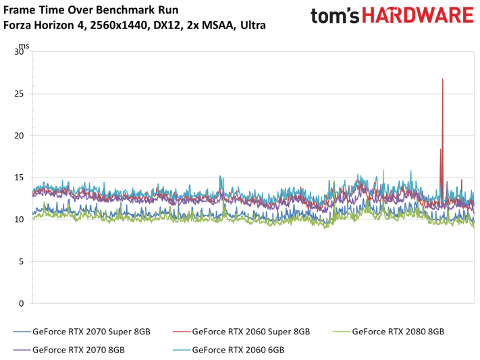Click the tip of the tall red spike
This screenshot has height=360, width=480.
pyautogui.click(x=443, y=79)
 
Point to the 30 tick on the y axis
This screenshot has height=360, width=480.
pyautogui.click(x=20, y=52)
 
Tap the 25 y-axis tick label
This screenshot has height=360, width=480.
pyautogui.click(x=20, y=94)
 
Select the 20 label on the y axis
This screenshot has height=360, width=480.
pyautogui.click(x=20, y=136)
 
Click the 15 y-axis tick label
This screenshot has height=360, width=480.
pyautogui.click(x=20, y=178)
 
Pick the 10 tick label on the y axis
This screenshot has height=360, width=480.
pyautogui.click(x=20, y=220)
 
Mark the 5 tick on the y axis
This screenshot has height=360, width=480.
pyautogui.click(x=23, y=261)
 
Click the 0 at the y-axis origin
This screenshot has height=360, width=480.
pyautogui.click(x=23, y=303)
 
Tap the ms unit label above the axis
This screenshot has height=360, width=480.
pyautogui.click(x=24, y=45)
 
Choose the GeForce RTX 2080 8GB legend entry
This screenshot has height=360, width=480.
pyautogui.click(x=398, y=332)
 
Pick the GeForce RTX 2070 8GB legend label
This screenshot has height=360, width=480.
pyautogui.click(x=78, y=350)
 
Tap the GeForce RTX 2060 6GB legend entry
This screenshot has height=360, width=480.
pyautogui.click(x=238, y=350)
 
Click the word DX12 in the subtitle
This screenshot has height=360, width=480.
pyautogui.click(x=160, y=26)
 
